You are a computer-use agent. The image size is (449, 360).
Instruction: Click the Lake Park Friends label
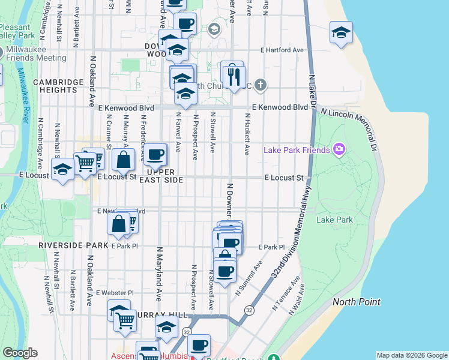point(297,149)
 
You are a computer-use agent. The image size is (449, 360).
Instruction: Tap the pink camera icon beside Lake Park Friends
point(339,149)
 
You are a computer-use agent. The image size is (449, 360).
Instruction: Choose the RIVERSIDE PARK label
point(73,246)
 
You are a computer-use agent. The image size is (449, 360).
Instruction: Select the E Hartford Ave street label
point(283,50)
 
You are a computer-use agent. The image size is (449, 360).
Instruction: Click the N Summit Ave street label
point(249,278)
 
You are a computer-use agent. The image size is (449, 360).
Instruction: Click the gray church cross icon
point(260,85)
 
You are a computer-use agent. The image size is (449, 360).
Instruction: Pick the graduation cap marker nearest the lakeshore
point(341,33)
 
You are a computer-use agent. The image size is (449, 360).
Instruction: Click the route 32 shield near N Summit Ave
point(249,310)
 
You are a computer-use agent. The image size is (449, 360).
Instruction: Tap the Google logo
point(20,353)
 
